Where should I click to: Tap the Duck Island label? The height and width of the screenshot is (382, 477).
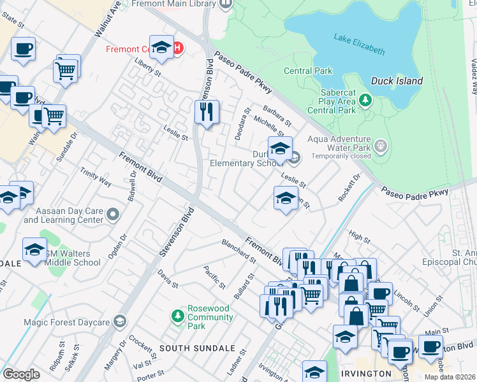(x=397, y=81)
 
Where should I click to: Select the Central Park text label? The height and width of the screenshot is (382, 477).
(x=308, y=71)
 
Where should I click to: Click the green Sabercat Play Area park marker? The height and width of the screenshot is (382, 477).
(x=365, y=100)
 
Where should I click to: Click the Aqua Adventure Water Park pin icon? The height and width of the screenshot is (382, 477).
(x=381, y=145)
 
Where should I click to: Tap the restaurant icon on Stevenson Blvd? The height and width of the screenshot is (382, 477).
(x=207, y=112)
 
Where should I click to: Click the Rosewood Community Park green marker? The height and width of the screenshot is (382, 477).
(x=178, y=315)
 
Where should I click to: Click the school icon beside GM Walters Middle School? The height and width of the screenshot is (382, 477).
(x=34, y=250)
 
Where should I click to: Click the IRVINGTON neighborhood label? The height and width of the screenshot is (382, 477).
(x=365, y=373)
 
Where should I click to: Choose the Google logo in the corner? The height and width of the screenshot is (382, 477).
(x=21, y=374)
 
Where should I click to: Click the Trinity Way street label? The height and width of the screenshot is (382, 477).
(x=96, y=178)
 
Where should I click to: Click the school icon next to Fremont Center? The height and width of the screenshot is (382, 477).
(x=162, y=48)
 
